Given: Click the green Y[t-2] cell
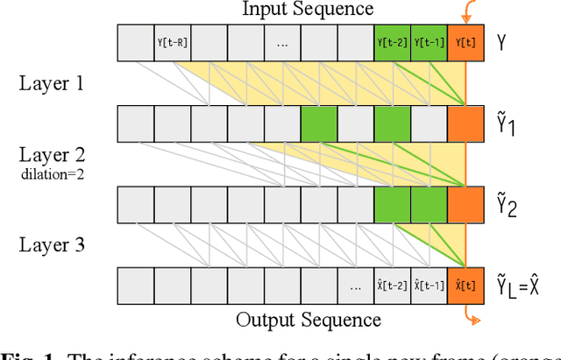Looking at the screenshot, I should pos(392,43).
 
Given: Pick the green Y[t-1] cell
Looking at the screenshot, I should pos(429,43).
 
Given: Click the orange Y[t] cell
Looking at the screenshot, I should pos(465,43).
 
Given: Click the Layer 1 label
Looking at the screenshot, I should pos(53,84).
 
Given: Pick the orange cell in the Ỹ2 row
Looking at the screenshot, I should pos(465,205).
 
